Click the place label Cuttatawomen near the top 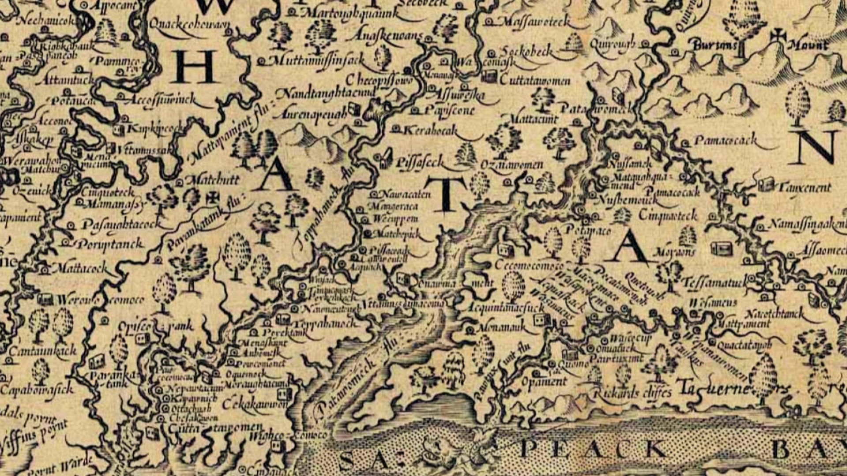(535, 81)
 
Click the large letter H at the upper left (194, 67)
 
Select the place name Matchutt (213, 180)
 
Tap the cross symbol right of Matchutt (213, 197)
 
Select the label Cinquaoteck (667, 216)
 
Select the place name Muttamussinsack (316, 60)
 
